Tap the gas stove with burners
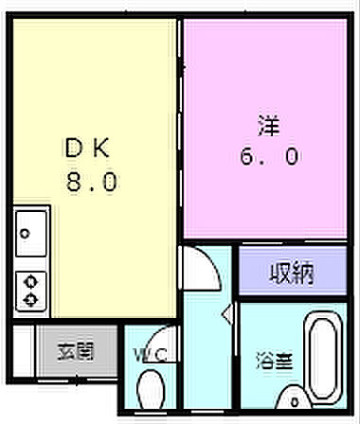pos(31,288)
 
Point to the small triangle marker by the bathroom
pos(225,312)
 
